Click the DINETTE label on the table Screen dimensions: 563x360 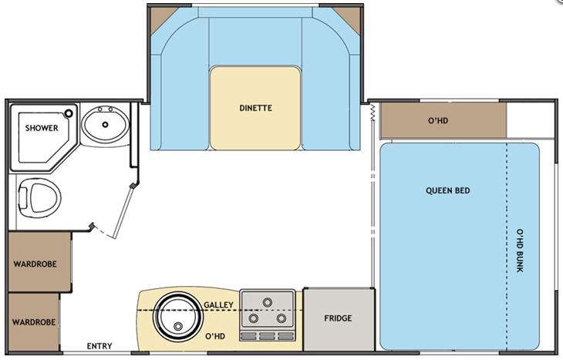(x=255, y=108)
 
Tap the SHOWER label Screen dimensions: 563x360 (x=42, y=128)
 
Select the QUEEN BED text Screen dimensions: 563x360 (x=448, y=190)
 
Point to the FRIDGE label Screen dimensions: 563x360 (x=338, y=318)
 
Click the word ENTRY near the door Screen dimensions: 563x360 (x=99, y=346)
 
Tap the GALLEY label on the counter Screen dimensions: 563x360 (x=218, y=304)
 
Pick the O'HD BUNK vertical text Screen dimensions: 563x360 (x=520, y=251)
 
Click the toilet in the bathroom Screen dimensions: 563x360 (x=39, y=198)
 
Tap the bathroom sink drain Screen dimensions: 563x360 (x=105, y=125)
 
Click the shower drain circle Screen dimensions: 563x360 (x=68, y=113)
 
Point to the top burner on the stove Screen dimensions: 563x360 (x=267, y=302)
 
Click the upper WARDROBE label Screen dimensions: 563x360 (x=35, y=264)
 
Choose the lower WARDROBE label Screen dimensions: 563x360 (x=34, y=322)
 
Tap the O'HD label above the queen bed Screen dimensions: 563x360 (x=438, y=120)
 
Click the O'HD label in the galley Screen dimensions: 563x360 (x=215, y=336)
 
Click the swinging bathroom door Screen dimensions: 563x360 (x=123, y=212)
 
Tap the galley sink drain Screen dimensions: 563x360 (x=177, y=326)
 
